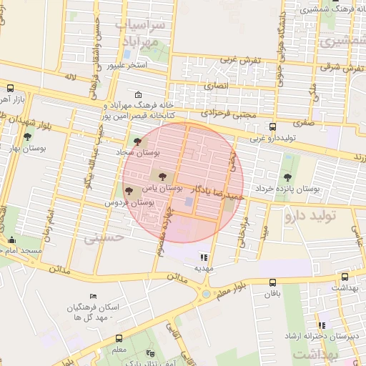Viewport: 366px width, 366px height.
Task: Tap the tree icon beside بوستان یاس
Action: tap(158, 174)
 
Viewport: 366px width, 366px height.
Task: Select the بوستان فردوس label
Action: tap(131, 203)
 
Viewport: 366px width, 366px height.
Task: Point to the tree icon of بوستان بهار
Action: tap(27, 137)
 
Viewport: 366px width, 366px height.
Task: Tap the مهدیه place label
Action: tap(204, 268)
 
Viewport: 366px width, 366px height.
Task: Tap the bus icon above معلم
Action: tap(119, 339)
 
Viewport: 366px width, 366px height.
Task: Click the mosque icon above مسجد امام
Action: tap(11, 240)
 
